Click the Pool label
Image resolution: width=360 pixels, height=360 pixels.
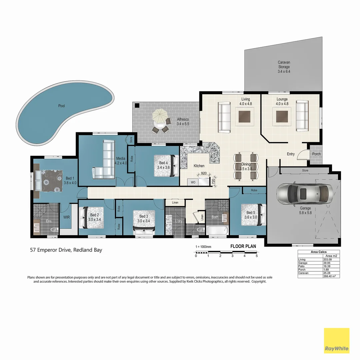[x=61, y=106]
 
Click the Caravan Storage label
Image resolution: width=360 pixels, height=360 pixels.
[x=284, y=67]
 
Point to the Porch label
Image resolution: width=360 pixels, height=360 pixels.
[x=316, y=154]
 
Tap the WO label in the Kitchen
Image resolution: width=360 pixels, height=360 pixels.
[x=193, y=182]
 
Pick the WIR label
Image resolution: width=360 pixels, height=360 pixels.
[x=67, y=217]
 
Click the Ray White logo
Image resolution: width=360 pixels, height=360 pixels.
[x=337, y=341]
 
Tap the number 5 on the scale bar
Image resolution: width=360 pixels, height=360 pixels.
[x=257, y=256]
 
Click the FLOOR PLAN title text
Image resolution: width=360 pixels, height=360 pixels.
[x=243, y=247]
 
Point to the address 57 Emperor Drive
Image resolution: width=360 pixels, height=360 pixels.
[x=66, y=250]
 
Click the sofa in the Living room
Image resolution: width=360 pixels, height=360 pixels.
[x=224, y=117]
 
